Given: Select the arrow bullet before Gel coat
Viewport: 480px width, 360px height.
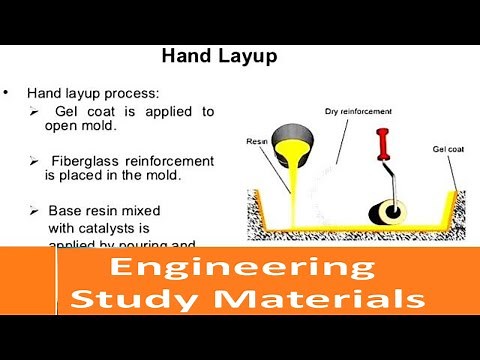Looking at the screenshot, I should pos(37,110).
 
